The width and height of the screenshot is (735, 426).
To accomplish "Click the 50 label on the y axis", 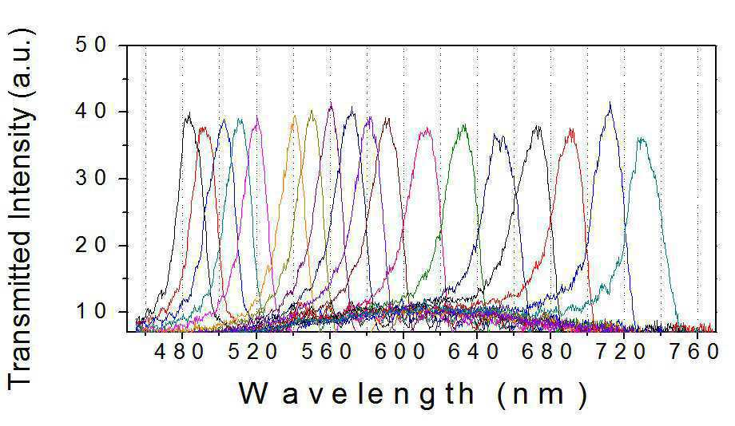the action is tap(91, 45).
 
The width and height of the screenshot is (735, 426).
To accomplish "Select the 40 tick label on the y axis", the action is tap(91, 112).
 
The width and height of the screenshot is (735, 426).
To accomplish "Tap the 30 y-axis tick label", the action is tap(91, 179).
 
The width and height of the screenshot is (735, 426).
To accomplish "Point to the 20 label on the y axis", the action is tap(91, 245).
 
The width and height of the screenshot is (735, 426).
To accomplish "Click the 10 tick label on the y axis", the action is tap(91, 312).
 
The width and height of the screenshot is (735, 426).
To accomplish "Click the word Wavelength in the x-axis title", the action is tap(357, 394).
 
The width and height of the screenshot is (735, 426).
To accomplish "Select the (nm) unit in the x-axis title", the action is tap(542, 396).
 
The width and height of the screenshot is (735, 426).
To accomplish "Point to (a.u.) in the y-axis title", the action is tap(20, 64).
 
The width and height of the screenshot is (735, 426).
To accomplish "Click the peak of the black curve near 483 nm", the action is tap(189, 112).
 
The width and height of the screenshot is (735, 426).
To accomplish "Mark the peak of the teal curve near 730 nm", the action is tap(641, 138).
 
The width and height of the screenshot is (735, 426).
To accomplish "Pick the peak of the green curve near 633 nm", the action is tap(464, 124).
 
